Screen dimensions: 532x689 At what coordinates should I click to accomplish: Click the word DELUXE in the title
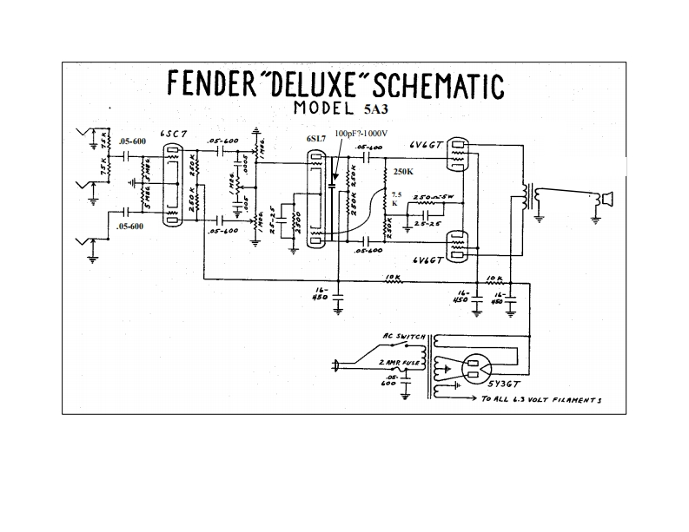coord(305,86)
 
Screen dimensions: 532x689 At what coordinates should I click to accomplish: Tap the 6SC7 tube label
coord(175,135)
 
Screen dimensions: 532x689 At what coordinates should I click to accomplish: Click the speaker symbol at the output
coord(604,200)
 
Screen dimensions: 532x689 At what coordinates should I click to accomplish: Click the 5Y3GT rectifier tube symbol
coord(475,369)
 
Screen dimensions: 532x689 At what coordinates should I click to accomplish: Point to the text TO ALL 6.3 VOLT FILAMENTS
coord(541,400)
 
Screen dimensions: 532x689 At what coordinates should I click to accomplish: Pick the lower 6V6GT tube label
coord(429,259)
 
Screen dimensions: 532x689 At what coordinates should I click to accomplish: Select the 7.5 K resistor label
coord(397,199)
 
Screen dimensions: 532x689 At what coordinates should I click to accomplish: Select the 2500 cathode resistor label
coord(296,222)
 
